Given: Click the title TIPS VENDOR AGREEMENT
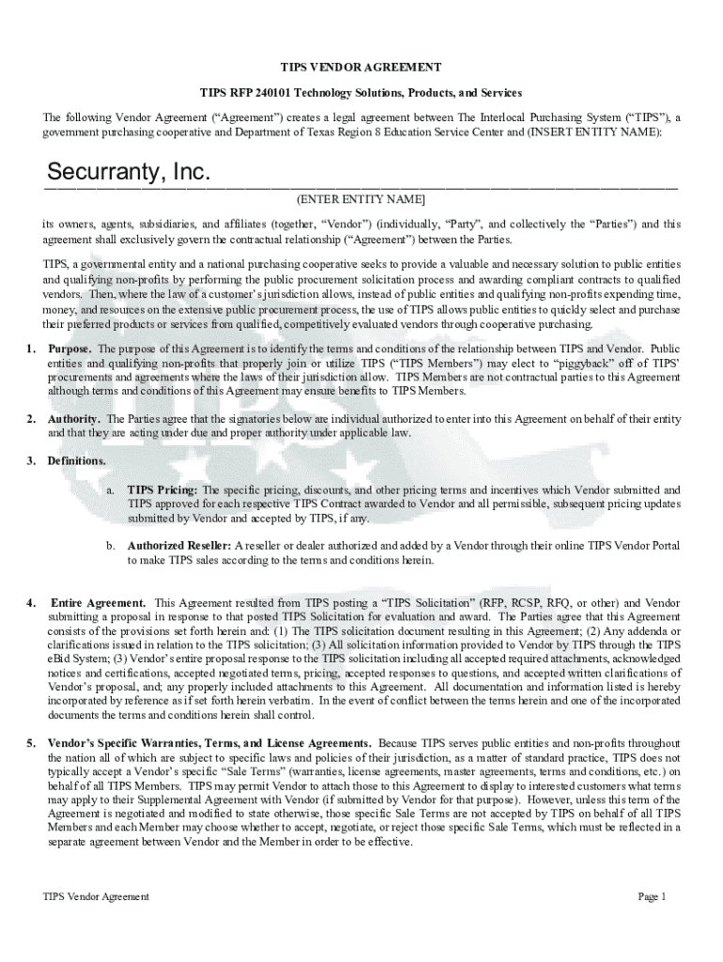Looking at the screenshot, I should (361, 68).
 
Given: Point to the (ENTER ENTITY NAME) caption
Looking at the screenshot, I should (361, 200).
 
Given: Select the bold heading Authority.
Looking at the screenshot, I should (75, 419).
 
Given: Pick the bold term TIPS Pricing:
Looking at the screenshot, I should (162, 490).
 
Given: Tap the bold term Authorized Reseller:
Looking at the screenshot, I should (179, 546).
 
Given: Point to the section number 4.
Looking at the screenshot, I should (31, 602).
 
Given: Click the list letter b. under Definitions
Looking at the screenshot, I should (110, 546).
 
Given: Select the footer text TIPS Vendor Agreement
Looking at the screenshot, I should (96, 896).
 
